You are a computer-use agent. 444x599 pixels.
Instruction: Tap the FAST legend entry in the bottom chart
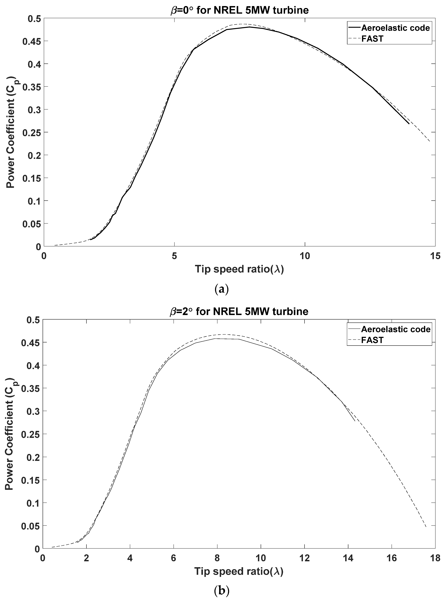tap(372, 340)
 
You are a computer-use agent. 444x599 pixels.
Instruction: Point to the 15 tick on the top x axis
tap(435, 256)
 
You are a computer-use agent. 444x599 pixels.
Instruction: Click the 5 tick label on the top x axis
tap(174, 256)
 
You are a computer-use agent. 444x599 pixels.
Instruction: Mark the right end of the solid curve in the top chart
tap(409, 124)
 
